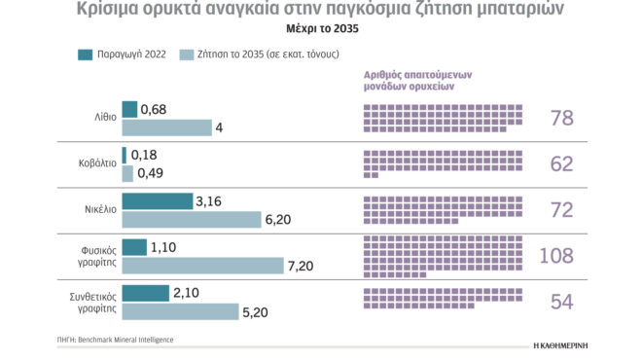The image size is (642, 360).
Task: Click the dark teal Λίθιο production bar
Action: tap(129, 109)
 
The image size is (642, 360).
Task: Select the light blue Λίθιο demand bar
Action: tap(166, 127)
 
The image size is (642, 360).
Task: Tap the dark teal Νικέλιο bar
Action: tap(157, 201)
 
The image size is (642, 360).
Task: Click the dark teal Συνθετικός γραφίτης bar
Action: tap(145, 293)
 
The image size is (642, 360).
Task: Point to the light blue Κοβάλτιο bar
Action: tap(127, 173)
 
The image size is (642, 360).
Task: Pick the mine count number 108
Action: tap(555, 256)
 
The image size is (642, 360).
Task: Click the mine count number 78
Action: tap(561, 119)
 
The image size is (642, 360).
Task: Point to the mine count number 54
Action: tap(561, 302)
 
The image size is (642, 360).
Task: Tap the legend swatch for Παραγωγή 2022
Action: tap(85, 54)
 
